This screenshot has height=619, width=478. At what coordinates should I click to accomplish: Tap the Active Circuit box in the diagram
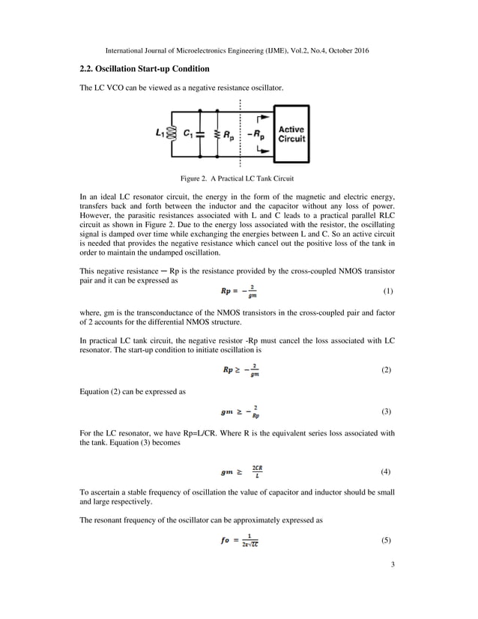click(292, 133)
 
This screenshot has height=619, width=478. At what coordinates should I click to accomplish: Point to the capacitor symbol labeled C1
click(200, 134)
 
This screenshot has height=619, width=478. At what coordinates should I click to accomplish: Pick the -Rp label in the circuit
click(258, 136)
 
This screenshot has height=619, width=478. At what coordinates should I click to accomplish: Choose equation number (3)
click(387, 412)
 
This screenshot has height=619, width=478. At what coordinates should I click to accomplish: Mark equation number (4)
click(387, 472)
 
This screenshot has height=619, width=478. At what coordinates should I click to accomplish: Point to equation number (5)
click(387, 540)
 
